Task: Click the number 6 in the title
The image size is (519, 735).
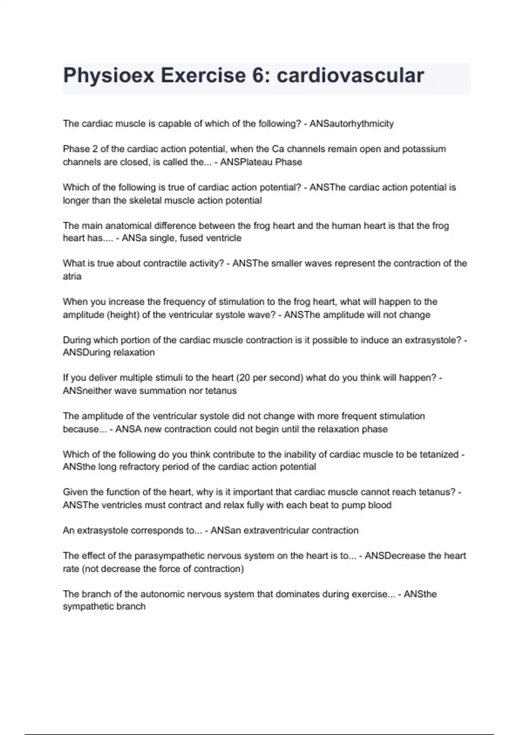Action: pyautogui.click(x=258, y=76)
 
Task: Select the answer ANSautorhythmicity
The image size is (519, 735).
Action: pyautogui.click(x=352, y=124)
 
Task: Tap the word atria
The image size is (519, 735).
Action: pyautogui.click(x=72, y=276)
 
